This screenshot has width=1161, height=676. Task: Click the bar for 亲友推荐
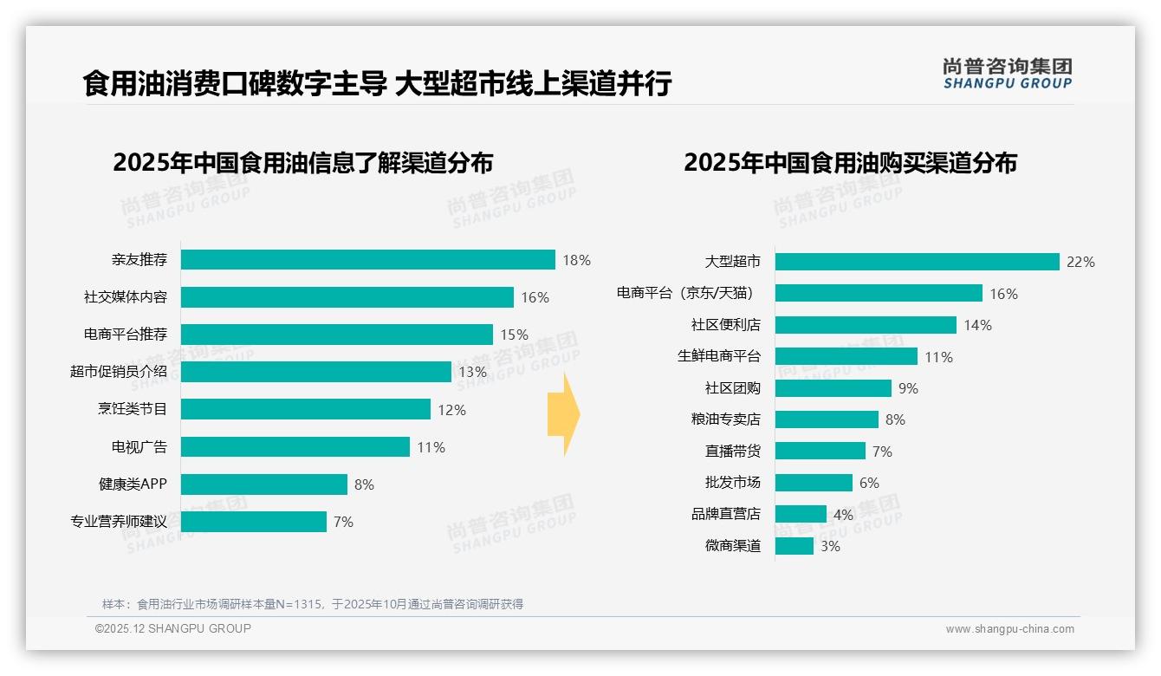368,260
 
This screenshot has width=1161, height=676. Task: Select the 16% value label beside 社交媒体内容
535,297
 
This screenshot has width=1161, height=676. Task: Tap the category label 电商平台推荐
126,335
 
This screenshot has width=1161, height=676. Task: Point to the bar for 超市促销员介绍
316,372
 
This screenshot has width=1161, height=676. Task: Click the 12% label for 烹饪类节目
451,410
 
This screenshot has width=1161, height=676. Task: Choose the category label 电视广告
139,447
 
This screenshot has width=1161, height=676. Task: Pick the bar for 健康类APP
264,484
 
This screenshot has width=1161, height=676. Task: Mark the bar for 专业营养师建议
254,522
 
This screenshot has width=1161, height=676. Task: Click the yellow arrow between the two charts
564,415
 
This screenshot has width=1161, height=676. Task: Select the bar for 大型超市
917,262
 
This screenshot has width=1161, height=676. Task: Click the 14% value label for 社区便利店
977,325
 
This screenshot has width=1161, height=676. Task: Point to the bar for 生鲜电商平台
846,356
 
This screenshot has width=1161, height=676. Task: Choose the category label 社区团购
732,388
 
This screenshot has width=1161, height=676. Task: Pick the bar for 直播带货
820,451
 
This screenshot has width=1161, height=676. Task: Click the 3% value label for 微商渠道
830,546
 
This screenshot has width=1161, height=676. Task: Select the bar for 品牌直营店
801,514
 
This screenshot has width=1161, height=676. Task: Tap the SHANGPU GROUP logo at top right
1007,74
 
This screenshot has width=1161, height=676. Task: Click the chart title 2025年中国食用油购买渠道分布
850,163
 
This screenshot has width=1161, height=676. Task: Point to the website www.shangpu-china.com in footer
1009,629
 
